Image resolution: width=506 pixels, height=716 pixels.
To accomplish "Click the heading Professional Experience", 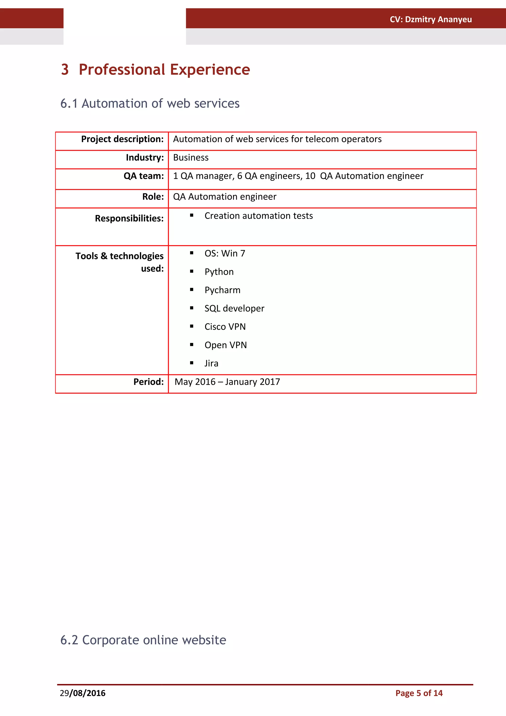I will click(164, 69).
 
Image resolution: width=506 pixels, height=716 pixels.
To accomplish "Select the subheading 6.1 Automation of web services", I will click(150, 104).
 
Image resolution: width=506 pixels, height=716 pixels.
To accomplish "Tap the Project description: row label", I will click(122, 139).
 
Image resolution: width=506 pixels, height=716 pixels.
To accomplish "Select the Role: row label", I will click(153, 197).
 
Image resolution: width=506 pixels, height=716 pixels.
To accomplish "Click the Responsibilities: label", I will click(129, 218).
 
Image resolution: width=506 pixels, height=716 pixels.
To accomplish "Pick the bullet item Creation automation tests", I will click(258, 216).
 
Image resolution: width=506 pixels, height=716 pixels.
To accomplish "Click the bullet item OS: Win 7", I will click(225, 253).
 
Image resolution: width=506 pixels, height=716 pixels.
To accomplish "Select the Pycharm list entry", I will click(222, 290).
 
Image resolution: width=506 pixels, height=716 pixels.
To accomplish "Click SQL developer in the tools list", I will click(234, 308).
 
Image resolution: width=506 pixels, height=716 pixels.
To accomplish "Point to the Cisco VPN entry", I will click(225, 327).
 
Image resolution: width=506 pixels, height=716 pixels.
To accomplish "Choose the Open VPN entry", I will click(225, 345).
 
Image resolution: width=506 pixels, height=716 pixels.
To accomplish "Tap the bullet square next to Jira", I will click(191, 363).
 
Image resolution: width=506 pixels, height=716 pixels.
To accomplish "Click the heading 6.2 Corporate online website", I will click(143, 640).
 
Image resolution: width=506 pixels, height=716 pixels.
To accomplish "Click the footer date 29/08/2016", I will click(83, 693).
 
